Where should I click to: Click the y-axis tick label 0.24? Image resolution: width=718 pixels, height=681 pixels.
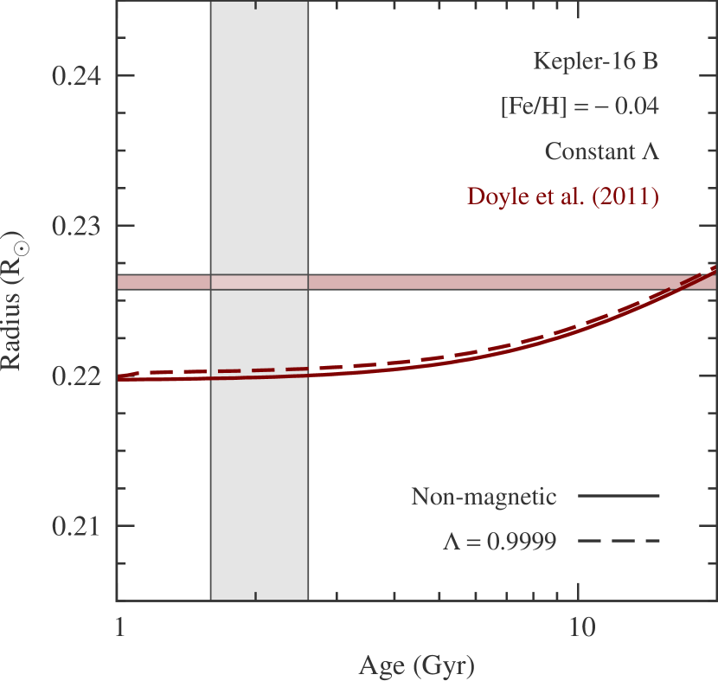coord(76,75)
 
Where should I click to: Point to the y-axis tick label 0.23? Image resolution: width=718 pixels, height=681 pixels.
coord(76,226)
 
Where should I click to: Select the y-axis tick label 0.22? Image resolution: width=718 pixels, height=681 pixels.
coord(76,376)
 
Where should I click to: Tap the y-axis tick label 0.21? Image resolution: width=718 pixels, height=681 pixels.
coord(76,526)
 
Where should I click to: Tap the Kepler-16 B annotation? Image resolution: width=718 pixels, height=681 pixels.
coord(596,61)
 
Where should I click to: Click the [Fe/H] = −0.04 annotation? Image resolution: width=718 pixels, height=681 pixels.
coord(580,106)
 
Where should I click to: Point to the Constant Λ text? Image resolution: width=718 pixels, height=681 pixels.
coord(601,151)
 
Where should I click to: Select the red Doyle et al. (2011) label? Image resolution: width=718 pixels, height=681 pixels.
coord(563,196)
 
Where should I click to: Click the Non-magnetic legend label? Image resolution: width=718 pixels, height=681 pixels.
coord(483,497)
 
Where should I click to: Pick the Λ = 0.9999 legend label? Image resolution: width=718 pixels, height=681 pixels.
coord(499,542)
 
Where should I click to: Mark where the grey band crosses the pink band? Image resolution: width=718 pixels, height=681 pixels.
coord(260,282)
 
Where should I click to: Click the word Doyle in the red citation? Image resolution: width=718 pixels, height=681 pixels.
coord(492,196)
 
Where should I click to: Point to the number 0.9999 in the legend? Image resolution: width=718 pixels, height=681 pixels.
coord(520,542)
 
